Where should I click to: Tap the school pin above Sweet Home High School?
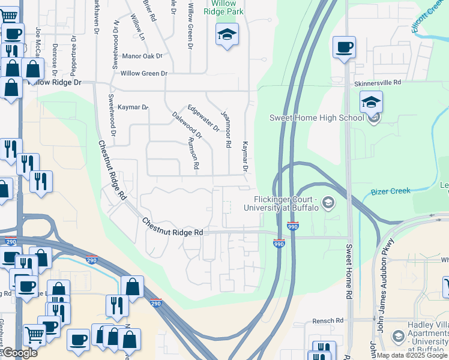click(x=371, y=103)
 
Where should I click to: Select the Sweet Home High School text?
click(x=317, y=118)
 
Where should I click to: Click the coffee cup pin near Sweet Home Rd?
click(x=345, y=47)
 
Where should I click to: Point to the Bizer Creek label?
click(x=390, y=191)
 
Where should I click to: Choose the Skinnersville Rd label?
click(x=377, y=84)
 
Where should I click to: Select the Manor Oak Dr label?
click(x=142, y=56)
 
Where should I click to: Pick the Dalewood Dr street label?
click(x=187, y=125)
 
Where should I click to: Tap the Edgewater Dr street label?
click(x=203, y=118)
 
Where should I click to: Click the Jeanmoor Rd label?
click(x=226, y=128)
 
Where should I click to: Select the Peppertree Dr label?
click(x=73, y=55)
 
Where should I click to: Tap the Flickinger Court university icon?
click(x=328, y=203)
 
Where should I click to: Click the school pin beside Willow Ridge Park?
click(x=227, y=35)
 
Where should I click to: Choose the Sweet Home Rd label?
click(x=348, y=271)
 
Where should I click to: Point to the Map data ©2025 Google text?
click(x=412, y=355)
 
